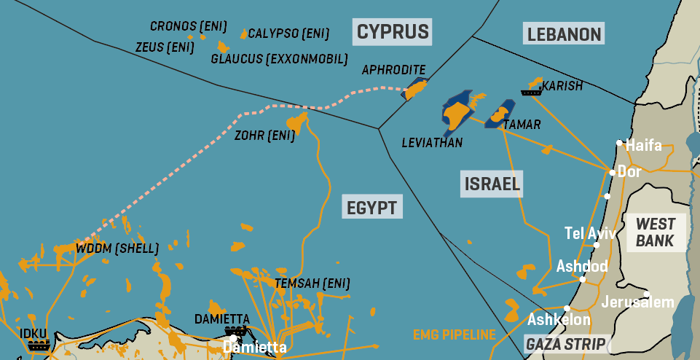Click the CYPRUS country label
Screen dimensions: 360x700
tap(393, 32)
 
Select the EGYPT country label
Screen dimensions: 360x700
tap(372, 208)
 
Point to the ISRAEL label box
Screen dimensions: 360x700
tap(492, 184)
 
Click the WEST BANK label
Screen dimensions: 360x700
tap(656, 232)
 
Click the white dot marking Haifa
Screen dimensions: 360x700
tap(619, 143)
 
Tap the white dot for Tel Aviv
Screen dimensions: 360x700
tap(597, 245)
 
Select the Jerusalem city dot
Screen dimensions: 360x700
tap(647, 294)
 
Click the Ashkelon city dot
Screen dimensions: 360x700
tap(567, 308)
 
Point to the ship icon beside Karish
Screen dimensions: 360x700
tap(530, 92)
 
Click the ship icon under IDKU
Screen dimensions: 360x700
tap(37, 345)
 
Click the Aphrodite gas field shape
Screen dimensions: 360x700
tap(416, 90)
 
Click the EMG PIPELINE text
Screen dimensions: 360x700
tap(454, 335)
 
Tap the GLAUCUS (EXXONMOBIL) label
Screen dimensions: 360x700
tap(279, 58)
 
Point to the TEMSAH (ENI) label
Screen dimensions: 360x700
tap(312, 283)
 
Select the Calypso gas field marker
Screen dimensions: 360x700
tap(243, 34)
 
